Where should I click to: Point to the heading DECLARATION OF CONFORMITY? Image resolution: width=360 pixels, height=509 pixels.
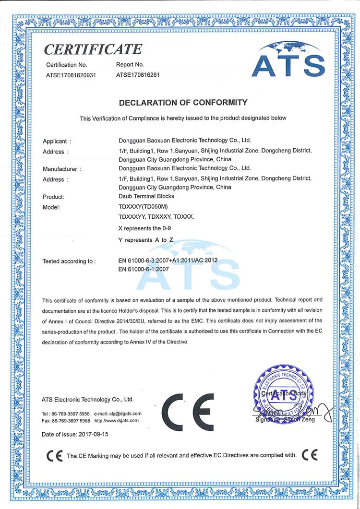click(x=183, y=102)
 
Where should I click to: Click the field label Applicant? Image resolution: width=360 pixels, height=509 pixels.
click(x=55, y=141)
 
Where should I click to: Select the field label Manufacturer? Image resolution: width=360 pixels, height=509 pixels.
click(x=60, y=169)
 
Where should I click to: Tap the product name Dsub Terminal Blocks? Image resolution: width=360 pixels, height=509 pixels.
click(x=146, y=196)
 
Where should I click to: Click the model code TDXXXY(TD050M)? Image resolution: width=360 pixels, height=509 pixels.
click(x=143, y=207)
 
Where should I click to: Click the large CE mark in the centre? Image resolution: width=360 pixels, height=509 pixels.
click(x=188, y=412)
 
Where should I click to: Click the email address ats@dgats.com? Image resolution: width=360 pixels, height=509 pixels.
click(x=125, y=414)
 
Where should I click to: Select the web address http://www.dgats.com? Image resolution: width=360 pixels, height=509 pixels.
click(x=117, y=421)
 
